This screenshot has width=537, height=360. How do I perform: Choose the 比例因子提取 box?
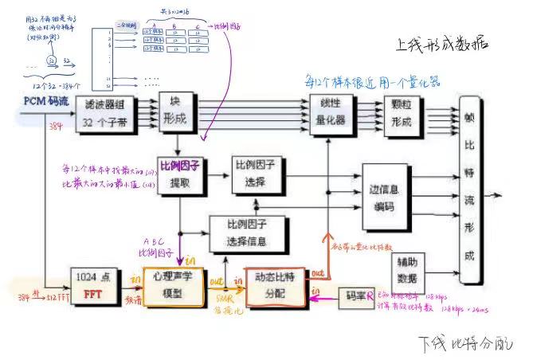[178, 174]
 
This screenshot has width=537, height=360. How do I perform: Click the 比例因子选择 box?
[257, 174]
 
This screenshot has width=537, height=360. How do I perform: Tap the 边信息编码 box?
[385, 195]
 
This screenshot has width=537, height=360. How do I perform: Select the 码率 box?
[355, 297]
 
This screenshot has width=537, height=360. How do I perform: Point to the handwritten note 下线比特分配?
[466, 343]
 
